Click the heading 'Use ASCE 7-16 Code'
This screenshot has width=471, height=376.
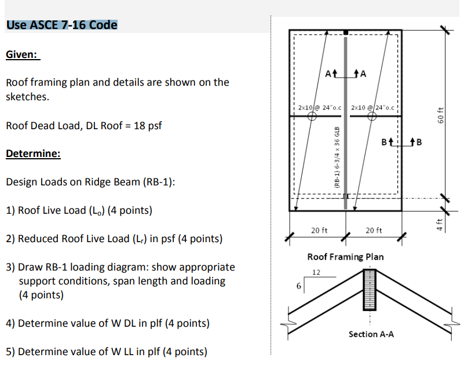coord(61,25)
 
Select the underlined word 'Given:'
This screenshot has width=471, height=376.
coord(22,54)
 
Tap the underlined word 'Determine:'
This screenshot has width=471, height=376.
coord(33,154)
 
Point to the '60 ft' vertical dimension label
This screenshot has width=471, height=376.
coord(441,115)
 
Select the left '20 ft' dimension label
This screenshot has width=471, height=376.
coord(318,231)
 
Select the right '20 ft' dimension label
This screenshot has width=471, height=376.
coord(374,231)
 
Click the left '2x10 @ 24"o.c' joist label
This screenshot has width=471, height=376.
coord(319,107)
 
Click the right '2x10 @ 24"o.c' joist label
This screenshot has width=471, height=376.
coord(373,107)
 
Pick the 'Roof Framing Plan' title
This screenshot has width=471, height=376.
coord(345,256)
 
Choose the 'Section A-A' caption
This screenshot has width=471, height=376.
coord(371,334)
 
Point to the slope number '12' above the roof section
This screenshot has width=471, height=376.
coord(316,272)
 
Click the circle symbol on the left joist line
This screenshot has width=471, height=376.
coord(312,116)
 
